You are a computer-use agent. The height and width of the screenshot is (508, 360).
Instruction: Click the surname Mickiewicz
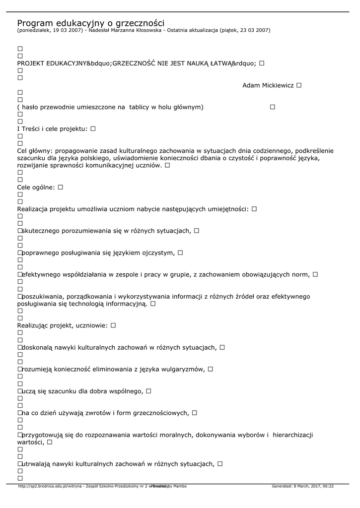(x=276, y=85)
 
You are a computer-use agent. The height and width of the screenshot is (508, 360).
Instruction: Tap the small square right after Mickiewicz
(x=299, y=85)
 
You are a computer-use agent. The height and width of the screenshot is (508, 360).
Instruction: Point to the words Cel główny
(x=35, y=151)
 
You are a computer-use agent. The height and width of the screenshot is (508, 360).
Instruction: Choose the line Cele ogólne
(x=36, y=188)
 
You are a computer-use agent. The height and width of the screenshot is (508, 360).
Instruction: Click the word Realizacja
(x=32, y=209)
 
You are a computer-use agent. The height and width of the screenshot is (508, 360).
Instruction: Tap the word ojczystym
(x=157, y=253)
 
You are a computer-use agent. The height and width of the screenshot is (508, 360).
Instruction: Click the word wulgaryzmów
(x=185, y=369)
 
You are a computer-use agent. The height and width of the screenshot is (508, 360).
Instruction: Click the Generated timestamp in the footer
(x=302, y=486)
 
